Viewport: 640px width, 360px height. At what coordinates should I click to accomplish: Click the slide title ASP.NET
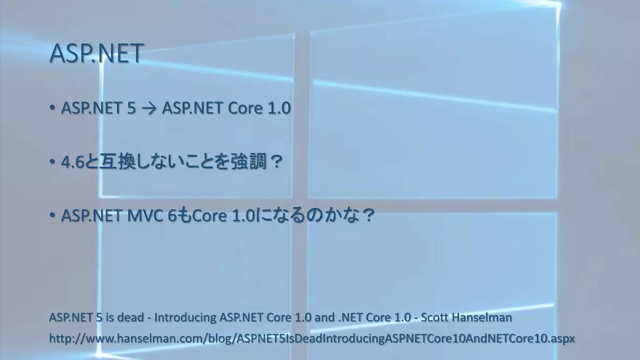[96, 53]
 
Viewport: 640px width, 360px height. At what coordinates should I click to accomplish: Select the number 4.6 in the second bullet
[73, 162]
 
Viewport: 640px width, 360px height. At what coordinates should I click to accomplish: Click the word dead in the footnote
[130, 317]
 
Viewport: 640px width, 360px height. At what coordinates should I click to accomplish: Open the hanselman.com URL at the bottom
[312, 338]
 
